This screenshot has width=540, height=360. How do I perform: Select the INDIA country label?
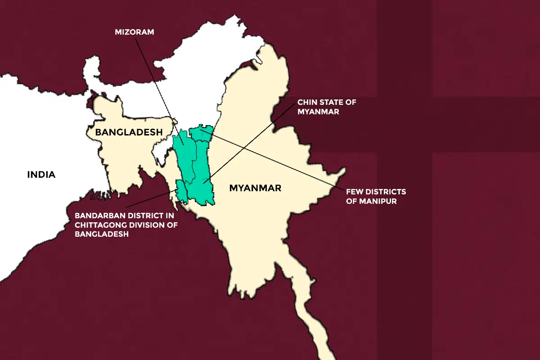click(41, 175)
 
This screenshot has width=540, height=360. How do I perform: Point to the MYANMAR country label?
click(255, 188)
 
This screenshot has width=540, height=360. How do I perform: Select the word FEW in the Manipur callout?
click(355, 192)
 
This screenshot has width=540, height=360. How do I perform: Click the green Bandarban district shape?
click(181, 191)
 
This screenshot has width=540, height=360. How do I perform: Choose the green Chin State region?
click(202, 180)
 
